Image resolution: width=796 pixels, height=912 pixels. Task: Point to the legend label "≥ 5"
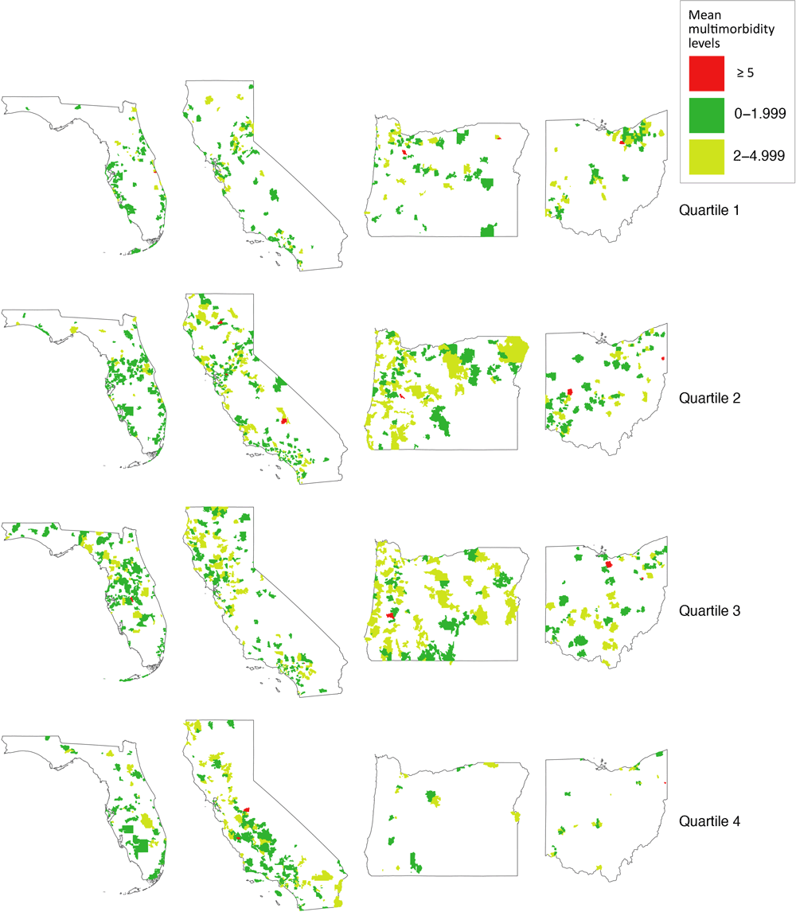(x=744, y=73)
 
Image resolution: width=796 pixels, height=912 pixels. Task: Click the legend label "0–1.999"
(x=760, y=115)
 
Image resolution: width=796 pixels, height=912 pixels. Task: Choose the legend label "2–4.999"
(x=760, y=156)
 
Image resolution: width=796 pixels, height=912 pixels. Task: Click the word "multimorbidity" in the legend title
(x=726, y=30)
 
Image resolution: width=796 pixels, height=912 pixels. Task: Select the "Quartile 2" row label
(x=709, y=398)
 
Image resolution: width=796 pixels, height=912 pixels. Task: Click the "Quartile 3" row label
(x=709, y=611)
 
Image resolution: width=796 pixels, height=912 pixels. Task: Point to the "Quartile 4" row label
(x=709, y=820)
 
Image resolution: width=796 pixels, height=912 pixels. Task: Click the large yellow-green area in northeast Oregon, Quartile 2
(x=514, y=349)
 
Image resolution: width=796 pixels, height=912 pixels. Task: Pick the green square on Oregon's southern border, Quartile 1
(x=487, y=230)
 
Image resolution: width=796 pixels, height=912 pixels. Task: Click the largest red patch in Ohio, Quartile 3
(x=608, y=563)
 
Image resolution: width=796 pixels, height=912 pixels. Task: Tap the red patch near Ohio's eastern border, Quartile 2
(x=663, y=359)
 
